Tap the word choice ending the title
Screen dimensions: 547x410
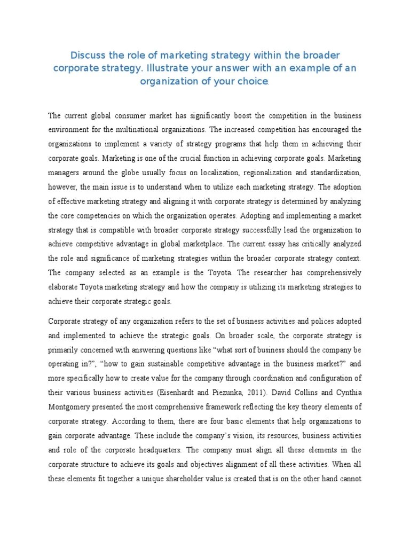254,82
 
